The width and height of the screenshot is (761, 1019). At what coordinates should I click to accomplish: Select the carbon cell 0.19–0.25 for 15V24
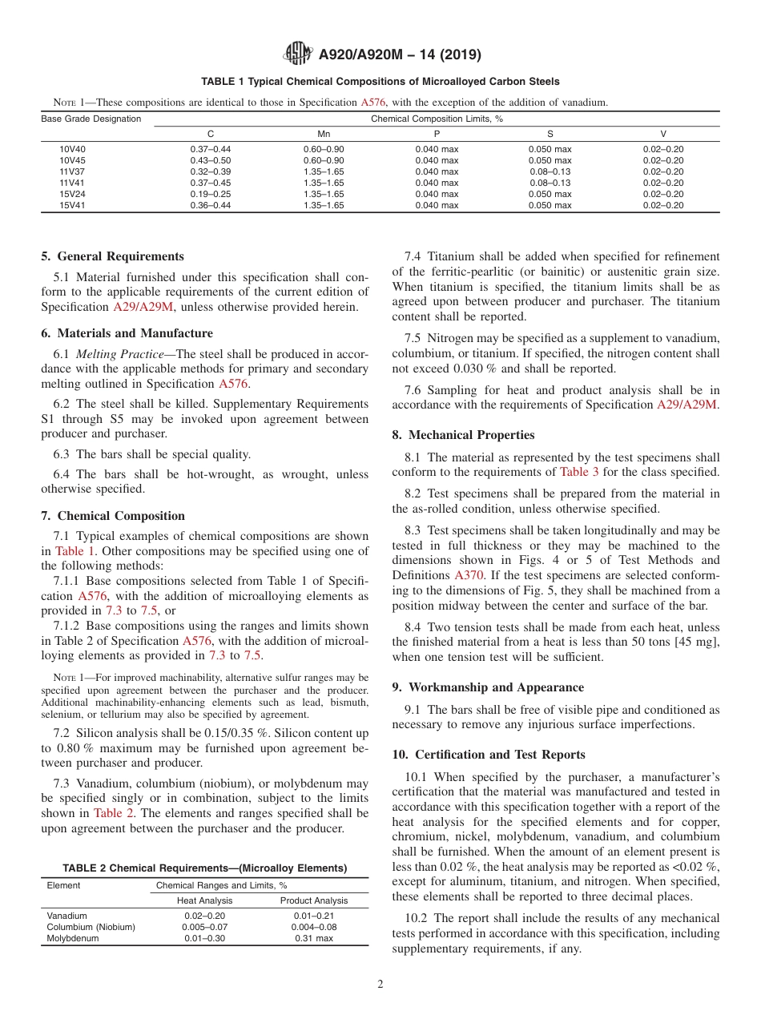(211, 194)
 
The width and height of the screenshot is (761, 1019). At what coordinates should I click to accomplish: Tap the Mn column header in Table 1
(324, 134)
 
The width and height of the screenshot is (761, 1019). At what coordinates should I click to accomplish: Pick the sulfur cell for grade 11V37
(550, 171)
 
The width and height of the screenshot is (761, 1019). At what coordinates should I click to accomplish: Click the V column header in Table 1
(662, 134)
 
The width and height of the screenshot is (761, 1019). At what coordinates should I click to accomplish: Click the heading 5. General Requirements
(112, 256)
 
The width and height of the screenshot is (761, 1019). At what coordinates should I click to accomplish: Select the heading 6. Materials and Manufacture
(127, 333)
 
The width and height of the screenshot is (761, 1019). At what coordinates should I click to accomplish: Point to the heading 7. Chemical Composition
(113, 516)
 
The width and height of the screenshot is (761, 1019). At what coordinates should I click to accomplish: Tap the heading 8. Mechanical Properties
(463, 435)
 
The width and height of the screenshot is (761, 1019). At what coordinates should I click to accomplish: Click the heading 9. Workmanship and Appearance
(488, 687)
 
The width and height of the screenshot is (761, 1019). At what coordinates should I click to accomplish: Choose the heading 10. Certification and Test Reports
(489, 755)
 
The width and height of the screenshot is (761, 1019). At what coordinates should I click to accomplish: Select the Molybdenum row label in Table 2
(73, 938)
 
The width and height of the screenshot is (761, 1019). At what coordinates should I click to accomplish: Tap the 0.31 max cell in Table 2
(314, 938)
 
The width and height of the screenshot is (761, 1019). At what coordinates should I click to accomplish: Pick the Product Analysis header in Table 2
(314, 900)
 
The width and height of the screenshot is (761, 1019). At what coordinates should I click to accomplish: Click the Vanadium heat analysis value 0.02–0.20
(204, 916)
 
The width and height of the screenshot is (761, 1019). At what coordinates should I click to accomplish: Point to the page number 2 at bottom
(380, 985)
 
